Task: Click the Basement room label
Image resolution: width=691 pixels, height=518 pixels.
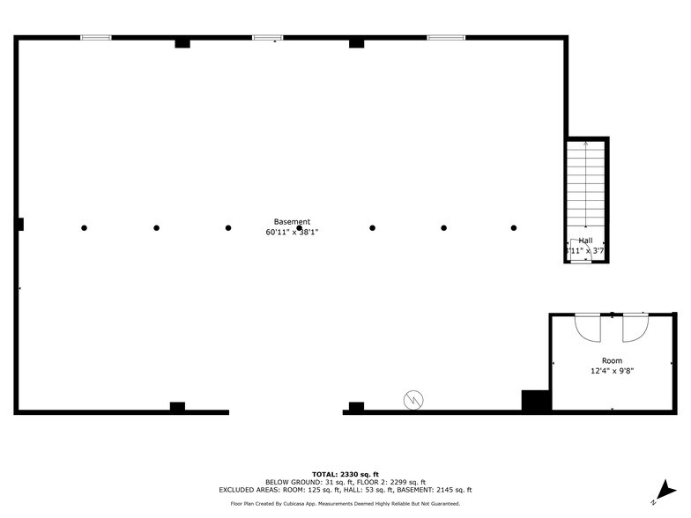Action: click(x=292, y=222)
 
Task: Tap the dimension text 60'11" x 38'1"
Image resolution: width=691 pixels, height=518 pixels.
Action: click(x=292, y=233)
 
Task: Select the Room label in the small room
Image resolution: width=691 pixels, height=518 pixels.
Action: click(x=612, y=360)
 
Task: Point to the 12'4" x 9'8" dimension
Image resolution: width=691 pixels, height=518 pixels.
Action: click(x=612, y=371)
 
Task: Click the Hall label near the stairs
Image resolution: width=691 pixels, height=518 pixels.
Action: click(x=585, y=240)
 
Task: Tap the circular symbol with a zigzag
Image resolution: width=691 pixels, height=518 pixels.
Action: click(x=412, y=401)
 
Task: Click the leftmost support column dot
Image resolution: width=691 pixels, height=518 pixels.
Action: click(x=85, y=228)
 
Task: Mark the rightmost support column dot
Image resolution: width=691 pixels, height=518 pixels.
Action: click(x=514, y=228)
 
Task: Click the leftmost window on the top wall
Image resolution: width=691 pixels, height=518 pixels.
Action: click(x=96, y=38)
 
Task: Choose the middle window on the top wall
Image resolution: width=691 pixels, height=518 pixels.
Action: click(x=268, y=38)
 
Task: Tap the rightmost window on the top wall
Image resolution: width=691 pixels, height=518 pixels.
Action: click(x=446, y=38)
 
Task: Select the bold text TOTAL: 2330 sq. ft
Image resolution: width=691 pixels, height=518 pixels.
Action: click(x=345, y=475)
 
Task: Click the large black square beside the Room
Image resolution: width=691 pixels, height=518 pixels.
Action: click(x=536, y=401)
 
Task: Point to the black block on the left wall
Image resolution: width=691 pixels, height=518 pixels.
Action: click(x=19, y=225)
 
